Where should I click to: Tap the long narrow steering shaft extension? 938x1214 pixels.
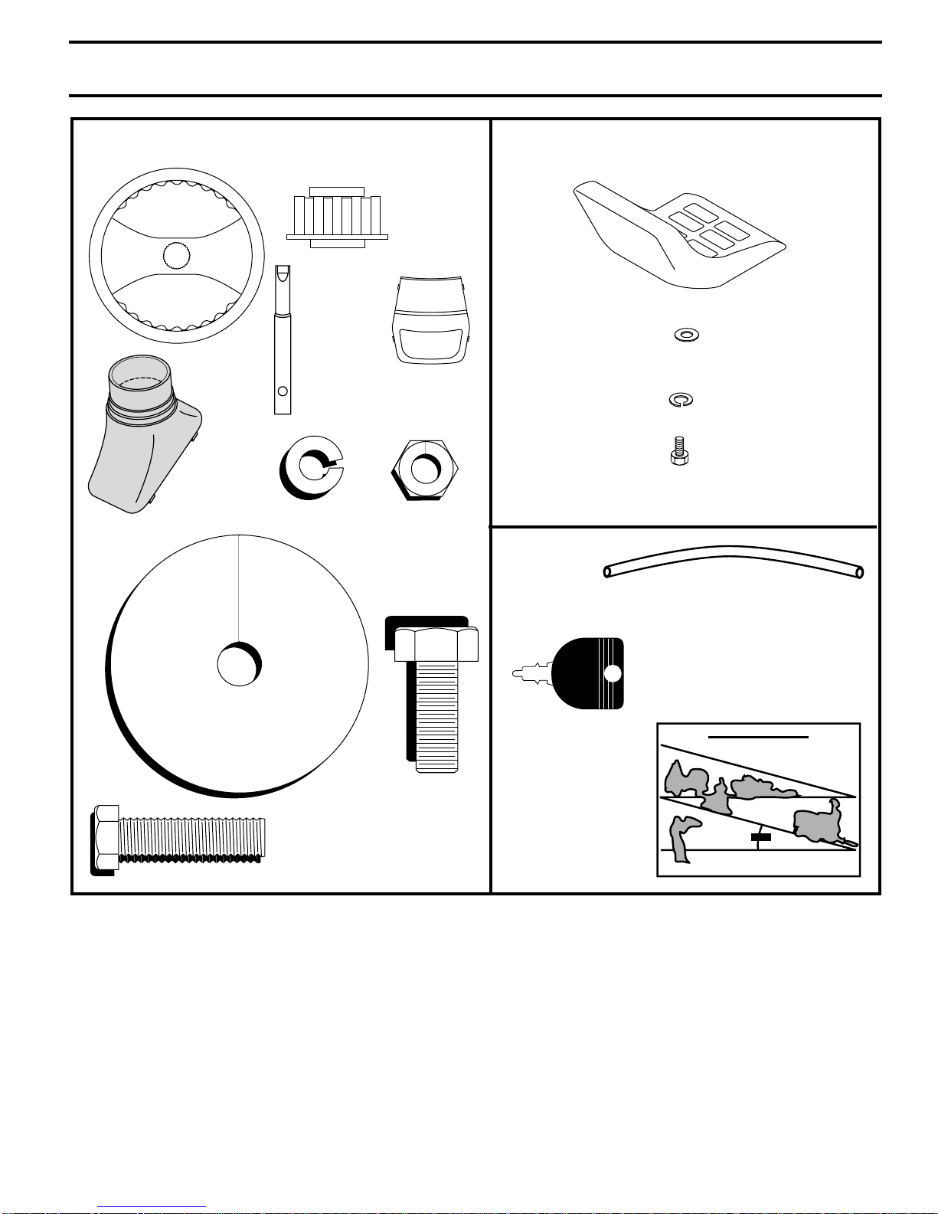[x=283, y=340]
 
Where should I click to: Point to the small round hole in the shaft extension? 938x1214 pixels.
[x=283, y=391]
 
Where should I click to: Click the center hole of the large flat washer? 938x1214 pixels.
[x=238, y=663]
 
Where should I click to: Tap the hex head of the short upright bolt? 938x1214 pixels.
[x=436, y=643]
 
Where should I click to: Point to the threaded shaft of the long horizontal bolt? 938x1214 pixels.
[x=191, y=839]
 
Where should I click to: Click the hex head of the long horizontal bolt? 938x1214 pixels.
[x=106, y=839]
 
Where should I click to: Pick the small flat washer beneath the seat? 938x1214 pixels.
[x=687, y=335]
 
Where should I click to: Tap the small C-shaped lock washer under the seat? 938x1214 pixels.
[x=681, y=400]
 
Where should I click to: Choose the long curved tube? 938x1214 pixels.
[x=734, y=560]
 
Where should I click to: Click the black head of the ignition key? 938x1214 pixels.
[x=588, y=672]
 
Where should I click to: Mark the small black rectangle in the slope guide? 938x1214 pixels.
[x=760, y=838]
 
